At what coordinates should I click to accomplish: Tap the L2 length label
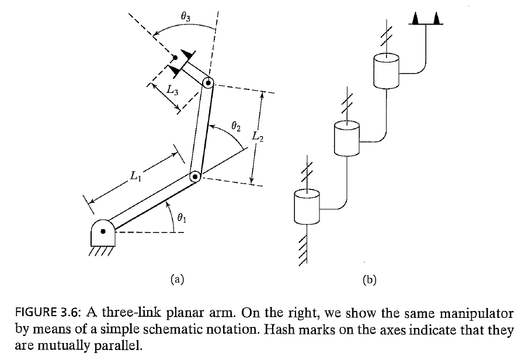258,137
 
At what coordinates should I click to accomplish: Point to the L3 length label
171,91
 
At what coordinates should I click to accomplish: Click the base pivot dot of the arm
103,231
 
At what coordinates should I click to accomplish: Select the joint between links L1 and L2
196,176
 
